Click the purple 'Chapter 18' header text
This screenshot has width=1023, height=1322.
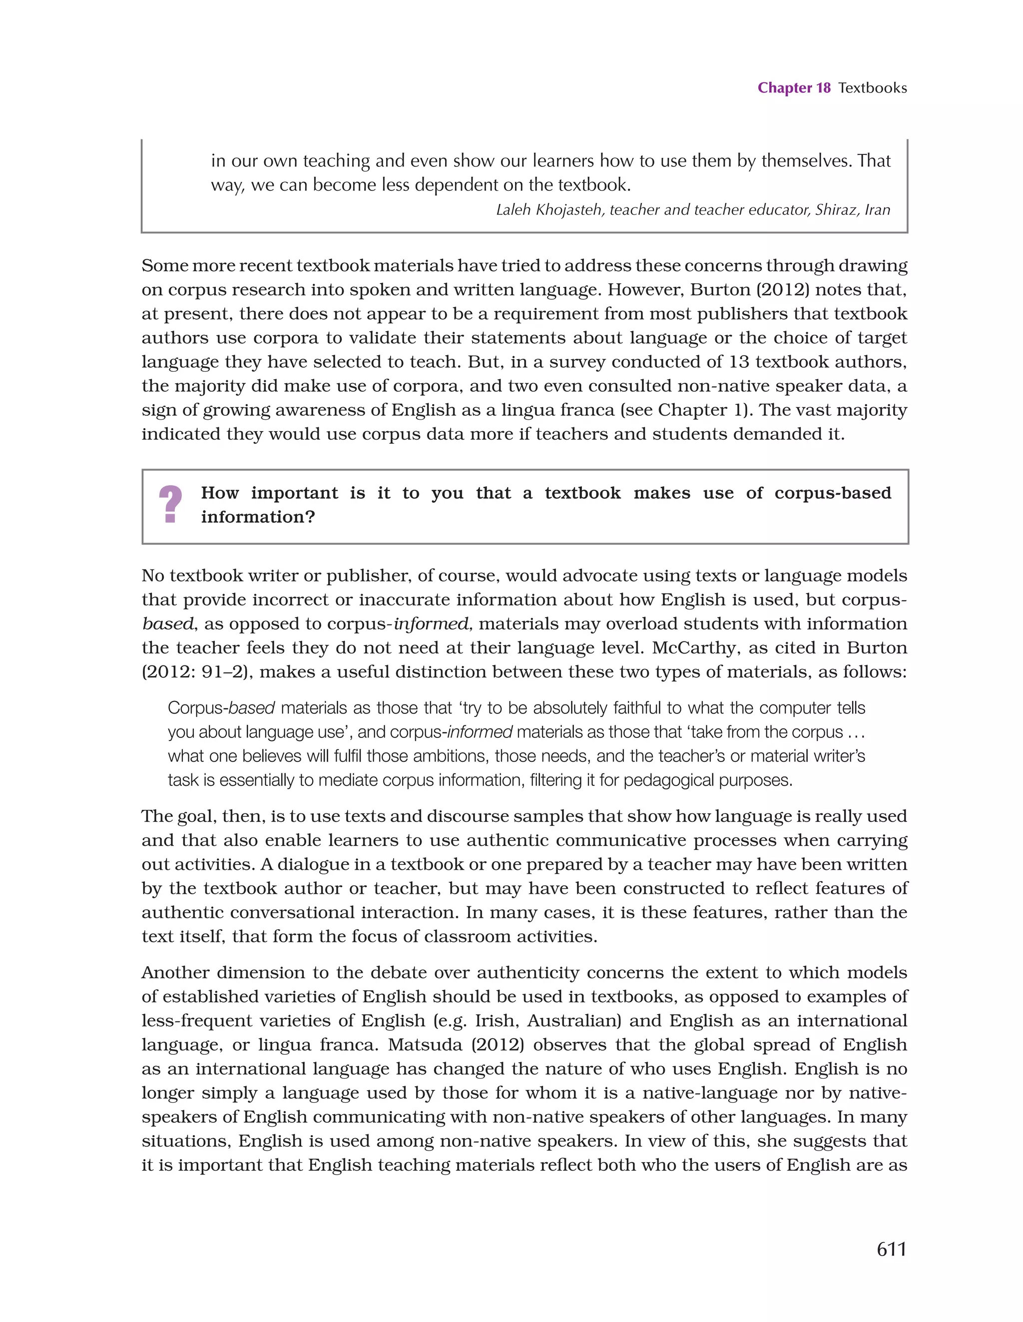[794, 88]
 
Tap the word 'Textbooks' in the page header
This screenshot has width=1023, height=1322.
[872, 88]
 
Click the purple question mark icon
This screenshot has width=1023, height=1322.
[170, 504]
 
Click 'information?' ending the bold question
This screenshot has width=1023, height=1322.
[258, 517]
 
